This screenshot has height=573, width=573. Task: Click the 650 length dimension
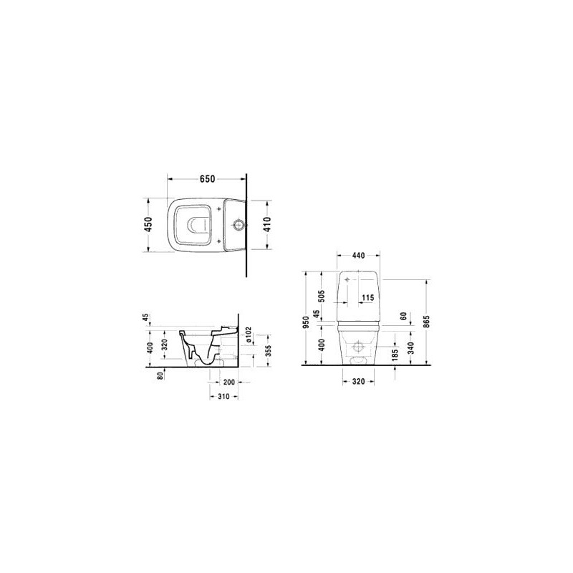pyautogui.click(x=207, y=179)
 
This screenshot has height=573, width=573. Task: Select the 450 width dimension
pyautogui.click(x=148, y=224)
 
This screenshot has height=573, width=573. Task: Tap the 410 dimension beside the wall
pyautogui.click(x=267, y=224)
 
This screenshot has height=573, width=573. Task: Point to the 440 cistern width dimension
pyautogui.click(x=359, y=256)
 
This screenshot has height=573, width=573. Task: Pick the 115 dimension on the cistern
pyautogui.click(x=367, y=298)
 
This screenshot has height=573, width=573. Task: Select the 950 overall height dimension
pyautogui.click(x=307, y=322)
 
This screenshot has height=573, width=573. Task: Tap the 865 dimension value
pyautogui.click(x=427, y=321)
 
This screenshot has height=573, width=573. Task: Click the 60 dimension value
pyautogui.click(x=404, y=316)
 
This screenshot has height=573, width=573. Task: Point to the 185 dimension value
pyautogui.click(x=395, y=355)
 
